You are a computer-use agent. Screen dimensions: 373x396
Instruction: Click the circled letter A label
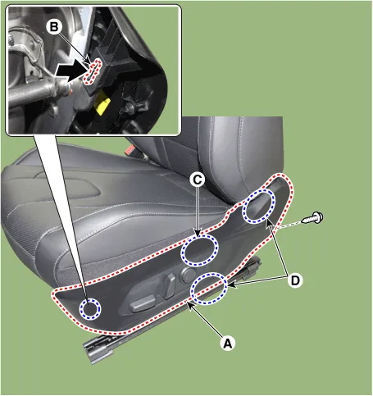[228, 344]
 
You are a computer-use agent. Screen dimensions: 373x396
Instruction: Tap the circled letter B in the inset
[54, 27]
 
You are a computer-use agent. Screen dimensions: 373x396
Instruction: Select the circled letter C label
[198, 180]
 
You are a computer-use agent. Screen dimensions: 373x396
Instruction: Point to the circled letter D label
[295, 280]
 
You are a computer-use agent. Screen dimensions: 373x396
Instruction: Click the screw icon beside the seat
[312, 218]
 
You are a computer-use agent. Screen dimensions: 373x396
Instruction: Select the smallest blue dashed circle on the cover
[90, 309]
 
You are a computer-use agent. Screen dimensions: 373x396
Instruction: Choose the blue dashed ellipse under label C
[199, 250]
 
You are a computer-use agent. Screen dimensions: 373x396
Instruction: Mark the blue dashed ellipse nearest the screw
[259, 206]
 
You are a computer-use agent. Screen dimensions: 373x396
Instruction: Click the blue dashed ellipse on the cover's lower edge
[209, 289]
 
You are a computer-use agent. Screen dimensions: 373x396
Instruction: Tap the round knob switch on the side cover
[189, 275]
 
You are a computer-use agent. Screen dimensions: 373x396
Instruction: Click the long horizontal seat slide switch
[142, 304]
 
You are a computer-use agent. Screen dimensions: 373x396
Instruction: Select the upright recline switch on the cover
[170, 285]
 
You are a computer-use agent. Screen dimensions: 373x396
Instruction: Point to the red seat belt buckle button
[131, 150]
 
